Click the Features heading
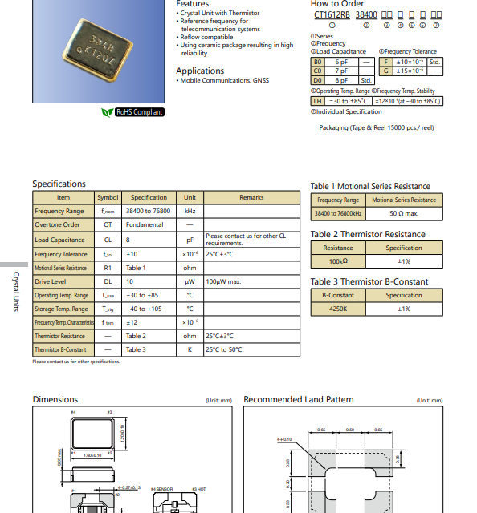click(x=193, y=4)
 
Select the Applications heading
click(x=200, y=71)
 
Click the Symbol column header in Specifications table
click(x=108, y=197)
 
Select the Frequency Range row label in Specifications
click(x=60, y=211)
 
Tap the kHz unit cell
click(x=190, y=211)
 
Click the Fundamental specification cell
click(x=145, y=225)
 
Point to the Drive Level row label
click(x=51, y=281)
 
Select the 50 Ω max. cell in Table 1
click(x=403, y=214)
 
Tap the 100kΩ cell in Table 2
click(x=338, y=261)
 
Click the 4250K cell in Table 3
click(x=338, y=308)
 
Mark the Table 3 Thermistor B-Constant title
click(x=369, y=281)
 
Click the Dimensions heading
click(x=55, y=399)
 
